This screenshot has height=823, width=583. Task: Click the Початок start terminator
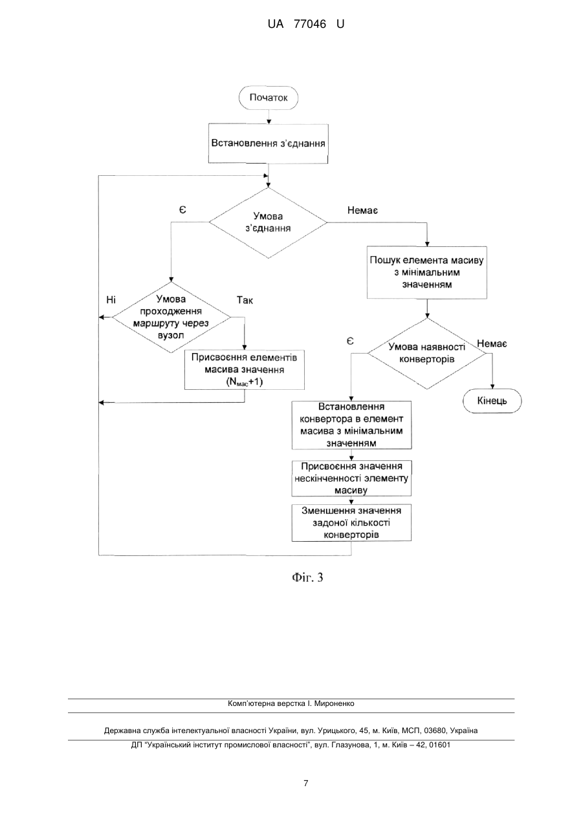pos(269,98)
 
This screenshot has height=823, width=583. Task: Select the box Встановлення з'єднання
pos(268,144)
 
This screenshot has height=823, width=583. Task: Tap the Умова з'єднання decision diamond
pos(268,222)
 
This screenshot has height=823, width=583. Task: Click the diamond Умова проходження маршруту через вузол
pos(171,317)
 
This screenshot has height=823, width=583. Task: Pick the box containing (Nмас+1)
pos(244,370)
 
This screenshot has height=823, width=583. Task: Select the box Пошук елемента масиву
pos(426,272)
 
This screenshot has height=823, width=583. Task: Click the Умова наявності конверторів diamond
pos(426,354)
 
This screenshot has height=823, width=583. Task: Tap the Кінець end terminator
pos(492,401)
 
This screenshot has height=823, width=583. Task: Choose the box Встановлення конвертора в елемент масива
pos(351,425)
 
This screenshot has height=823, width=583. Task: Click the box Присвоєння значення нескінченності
pos(351,478)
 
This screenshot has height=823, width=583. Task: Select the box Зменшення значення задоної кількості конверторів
pos(351,522)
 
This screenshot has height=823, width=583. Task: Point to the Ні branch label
pos(111,300)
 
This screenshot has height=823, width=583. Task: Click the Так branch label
pos(245,300)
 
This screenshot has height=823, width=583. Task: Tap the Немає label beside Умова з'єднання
pos(362,211)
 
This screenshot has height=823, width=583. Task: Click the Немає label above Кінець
pos(492,343)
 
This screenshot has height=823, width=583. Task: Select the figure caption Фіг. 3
pos(307,577)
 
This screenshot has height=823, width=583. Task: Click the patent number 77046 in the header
pos(310,25)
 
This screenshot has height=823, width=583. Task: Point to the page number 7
pos(305,784)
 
